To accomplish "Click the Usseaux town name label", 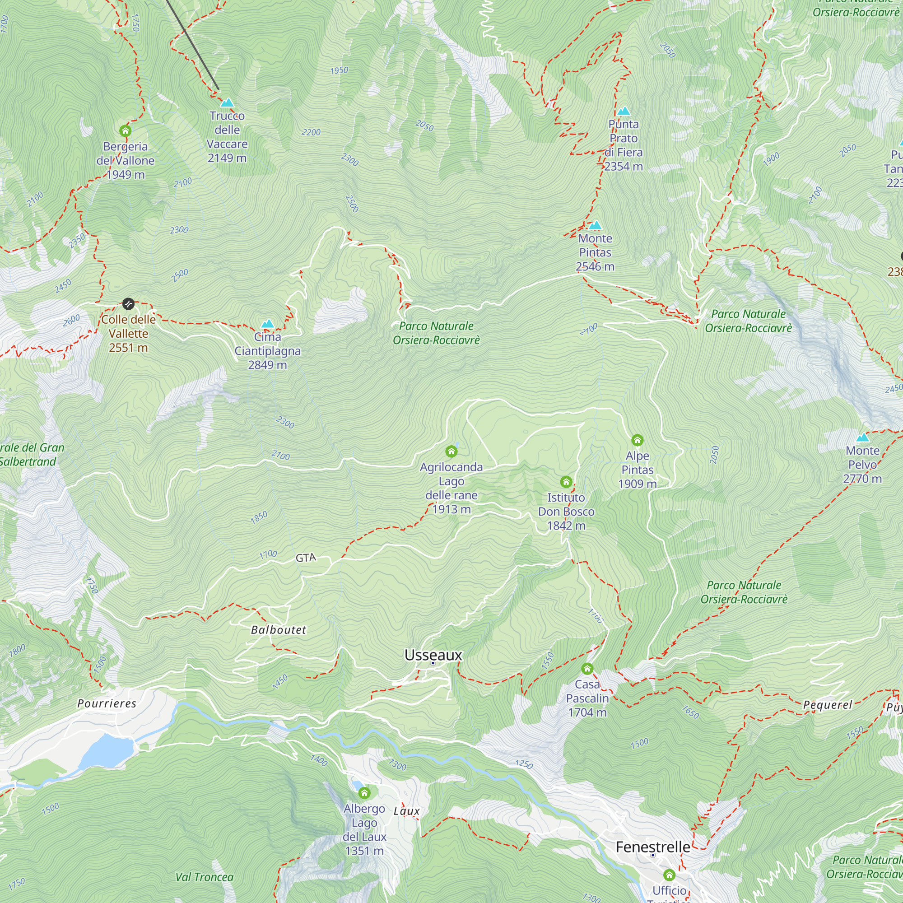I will point(433,655).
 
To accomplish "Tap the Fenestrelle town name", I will point(652,847).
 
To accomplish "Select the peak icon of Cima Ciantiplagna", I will point(267,323).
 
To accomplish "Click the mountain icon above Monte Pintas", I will point(595,226).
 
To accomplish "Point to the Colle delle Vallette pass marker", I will point(128,304).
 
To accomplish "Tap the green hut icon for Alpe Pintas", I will point(637,440).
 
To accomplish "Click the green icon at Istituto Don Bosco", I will point(566,481).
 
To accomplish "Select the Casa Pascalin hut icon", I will point(587,668).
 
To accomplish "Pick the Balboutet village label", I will point(279,630).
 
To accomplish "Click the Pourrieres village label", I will point(107,703).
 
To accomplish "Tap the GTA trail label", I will point(306,558).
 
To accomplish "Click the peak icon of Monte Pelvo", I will point(862,438).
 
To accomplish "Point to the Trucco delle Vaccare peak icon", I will point(227,102).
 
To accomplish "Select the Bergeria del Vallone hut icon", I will point(125,130).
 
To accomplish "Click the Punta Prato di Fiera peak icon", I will point(624,111).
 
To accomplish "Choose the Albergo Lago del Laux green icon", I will point(364,793).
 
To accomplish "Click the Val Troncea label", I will point(204,877).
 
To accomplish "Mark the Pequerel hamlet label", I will point(827,704).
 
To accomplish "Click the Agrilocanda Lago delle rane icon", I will point(451,451).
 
